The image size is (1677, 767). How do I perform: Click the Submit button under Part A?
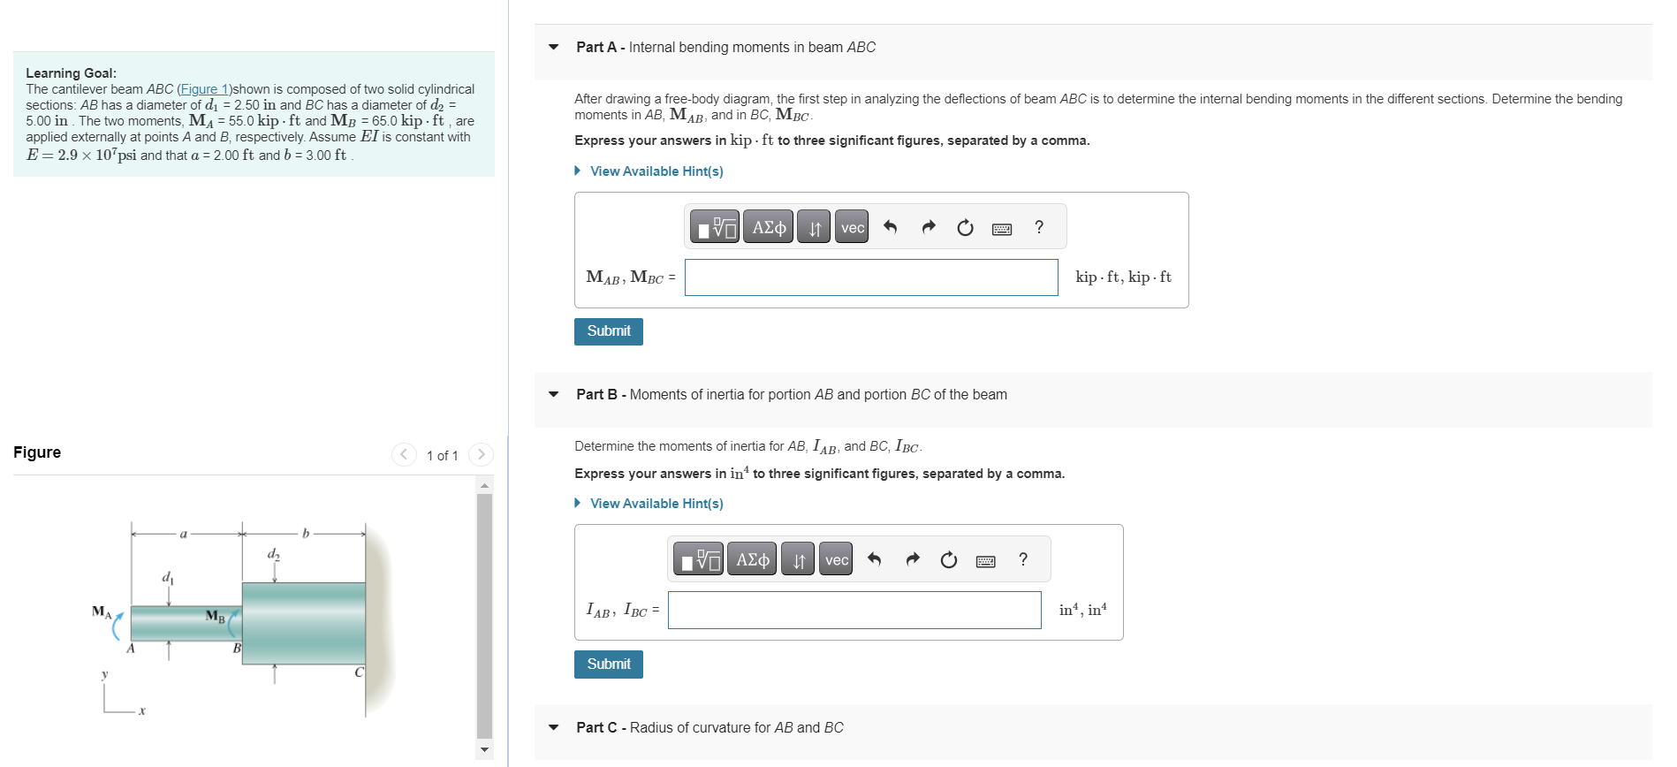tap(608, 331)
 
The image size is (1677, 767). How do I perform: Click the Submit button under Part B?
tap(608, 664)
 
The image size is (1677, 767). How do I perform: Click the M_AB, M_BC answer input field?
tap(870, 277)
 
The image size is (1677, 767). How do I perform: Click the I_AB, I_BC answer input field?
tap(854, 611)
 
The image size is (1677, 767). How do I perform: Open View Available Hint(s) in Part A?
tap(656, 171)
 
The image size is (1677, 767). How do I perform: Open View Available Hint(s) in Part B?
tap(656, 504)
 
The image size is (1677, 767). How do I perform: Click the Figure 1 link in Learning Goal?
tap(205, 89)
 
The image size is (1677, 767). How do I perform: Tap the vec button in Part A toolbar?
tap(852, 228)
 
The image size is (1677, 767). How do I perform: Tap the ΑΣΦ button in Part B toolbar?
tap(752, 560)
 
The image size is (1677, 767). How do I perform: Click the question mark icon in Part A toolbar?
tap(1039, 227)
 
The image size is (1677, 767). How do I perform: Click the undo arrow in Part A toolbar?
tap(891, 228)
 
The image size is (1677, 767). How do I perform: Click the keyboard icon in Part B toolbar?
tap(986, 561)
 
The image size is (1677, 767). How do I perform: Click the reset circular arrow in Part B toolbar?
tap(949, 560)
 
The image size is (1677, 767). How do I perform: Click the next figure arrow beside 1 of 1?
tap(481, 454)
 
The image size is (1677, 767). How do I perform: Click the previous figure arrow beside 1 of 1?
tap(404, 454)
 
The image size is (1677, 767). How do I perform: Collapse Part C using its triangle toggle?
tap(554, 728)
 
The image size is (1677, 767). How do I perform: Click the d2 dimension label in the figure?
tap(274, 554)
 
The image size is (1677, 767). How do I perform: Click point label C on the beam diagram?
tap(359, 672)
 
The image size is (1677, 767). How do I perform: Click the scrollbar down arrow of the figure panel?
tap(484, 749)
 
